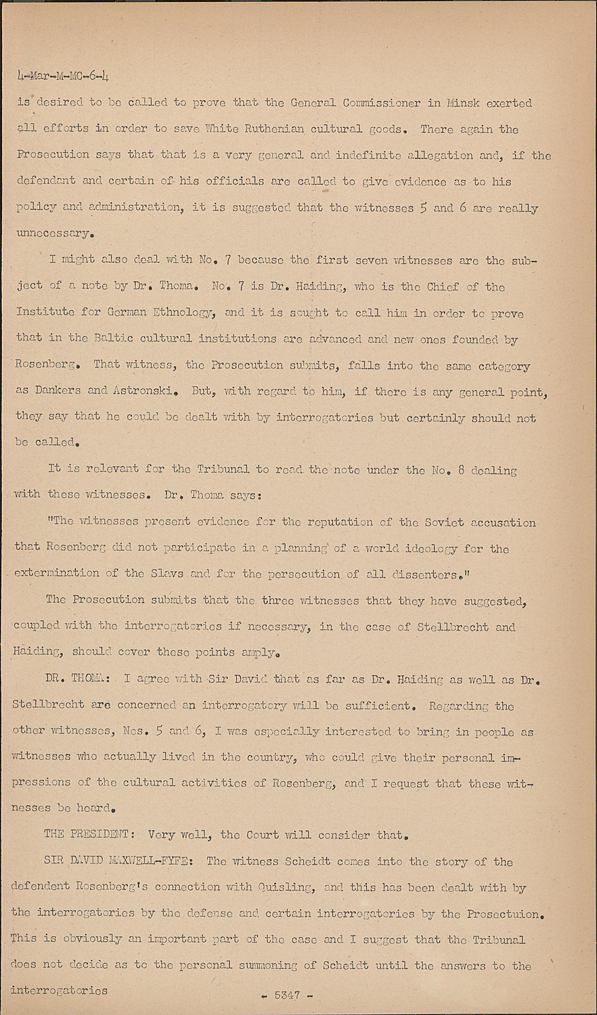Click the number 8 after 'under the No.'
tap(459, 470)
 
